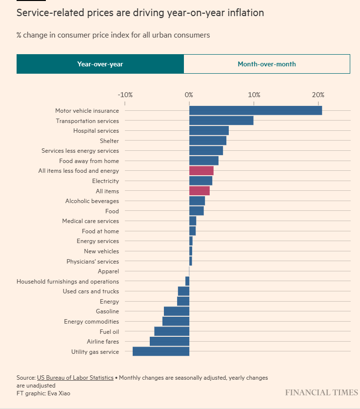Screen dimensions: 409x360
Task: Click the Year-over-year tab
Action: point(100,64)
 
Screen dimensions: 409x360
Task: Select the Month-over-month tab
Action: point(266,64)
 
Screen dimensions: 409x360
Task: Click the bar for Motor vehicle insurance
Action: point(255,111)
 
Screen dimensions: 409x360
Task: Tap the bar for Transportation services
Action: point(221,121)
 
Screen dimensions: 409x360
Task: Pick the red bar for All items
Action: point(199,191)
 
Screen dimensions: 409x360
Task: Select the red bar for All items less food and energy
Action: point(201,171)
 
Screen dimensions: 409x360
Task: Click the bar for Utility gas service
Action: point(160,351)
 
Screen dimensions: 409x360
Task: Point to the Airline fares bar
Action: point(169,341)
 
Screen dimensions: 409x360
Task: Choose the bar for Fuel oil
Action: point(171,331)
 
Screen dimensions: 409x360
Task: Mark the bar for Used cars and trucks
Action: point(183,291)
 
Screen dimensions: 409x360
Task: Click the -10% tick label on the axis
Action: point(125,95)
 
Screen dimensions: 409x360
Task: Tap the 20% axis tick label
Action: point(318,95)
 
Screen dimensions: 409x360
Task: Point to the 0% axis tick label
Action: point(189,95)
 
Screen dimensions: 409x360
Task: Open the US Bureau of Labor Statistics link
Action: point(75,378)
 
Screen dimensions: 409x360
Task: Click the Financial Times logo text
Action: point(321,393)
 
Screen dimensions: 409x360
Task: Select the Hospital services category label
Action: point(96,131)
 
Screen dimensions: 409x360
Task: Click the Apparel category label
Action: point(108,271)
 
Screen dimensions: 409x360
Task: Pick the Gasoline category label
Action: point(107,311)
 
